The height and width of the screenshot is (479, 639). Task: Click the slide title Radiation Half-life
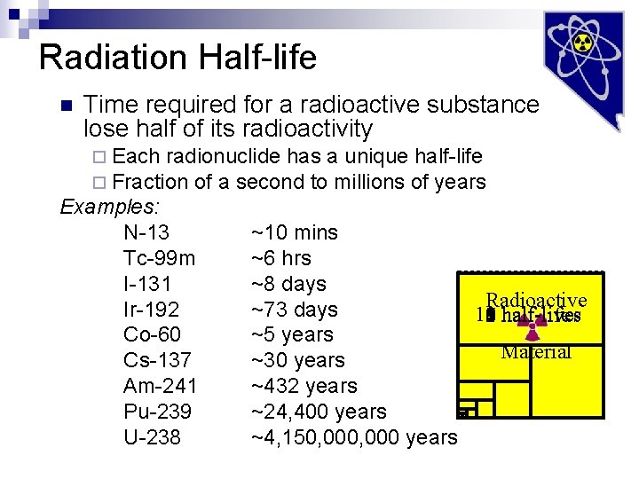click(177, 58)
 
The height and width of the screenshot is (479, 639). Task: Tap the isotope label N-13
click(146, 233)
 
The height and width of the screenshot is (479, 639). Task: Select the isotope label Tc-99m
click(160, 259)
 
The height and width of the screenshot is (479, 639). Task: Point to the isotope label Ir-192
click(152, 310)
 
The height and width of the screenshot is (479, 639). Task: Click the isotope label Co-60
click(153, 335)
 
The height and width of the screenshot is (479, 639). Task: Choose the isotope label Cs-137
click(156, 361)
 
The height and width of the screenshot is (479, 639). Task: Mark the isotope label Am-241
click(160, 387)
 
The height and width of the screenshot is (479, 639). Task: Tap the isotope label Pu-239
click(157, 412)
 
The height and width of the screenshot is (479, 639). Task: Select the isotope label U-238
click(152, 438)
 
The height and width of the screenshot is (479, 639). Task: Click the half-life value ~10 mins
click(294, 233)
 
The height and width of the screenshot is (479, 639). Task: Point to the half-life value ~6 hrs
click(280, 259)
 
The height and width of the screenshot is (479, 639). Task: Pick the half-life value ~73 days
click(294, 310)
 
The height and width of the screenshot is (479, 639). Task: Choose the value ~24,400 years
click(319, 412)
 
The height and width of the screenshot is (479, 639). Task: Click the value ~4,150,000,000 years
click(354, 438)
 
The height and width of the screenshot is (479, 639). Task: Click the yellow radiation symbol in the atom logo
click(582, 42)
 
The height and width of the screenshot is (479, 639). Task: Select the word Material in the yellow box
click(536, 352)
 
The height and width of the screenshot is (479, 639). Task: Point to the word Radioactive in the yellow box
click(536, 300)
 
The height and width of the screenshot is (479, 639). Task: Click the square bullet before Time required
click(64, 106)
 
